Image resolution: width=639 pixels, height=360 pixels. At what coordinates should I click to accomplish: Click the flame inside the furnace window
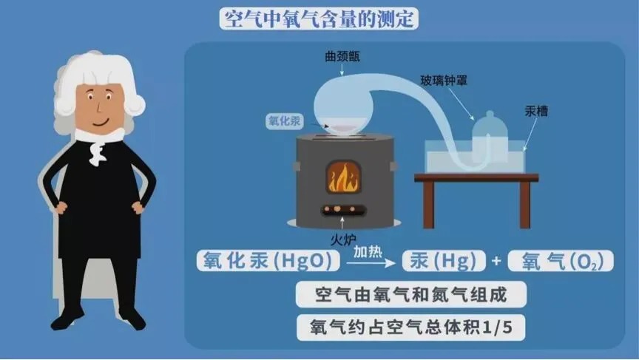pyautogui.click(x=342, y=177)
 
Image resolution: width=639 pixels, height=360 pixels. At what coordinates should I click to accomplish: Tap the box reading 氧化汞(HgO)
pyautogui.click(x=268, y=261)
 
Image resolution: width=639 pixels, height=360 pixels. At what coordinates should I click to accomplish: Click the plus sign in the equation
pyautogui.click(x=496, y=262)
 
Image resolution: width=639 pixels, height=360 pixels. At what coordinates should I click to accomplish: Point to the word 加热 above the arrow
pyautogui.click(x=368, y=252)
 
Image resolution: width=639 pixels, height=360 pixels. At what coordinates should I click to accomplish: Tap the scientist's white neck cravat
pyautogui.click(x=97, y=149)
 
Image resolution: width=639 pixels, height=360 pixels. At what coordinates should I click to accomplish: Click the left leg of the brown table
pyautogui.click(x=430, y=204)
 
